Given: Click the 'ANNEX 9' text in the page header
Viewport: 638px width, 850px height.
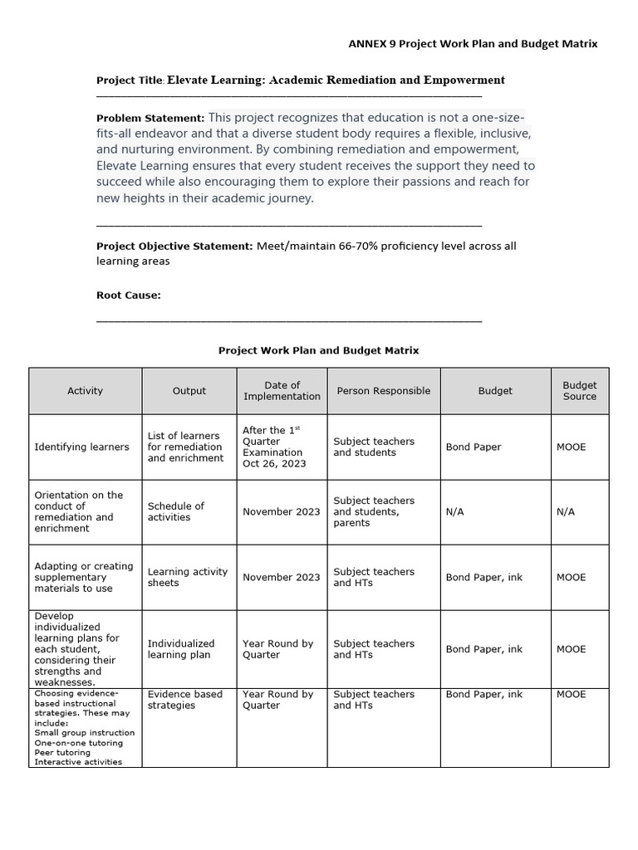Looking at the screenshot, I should (371, 43).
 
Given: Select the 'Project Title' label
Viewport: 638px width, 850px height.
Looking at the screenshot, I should (130, 81).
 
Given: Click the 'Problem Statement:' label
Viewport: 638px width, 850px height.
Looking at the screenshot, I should (150, 118).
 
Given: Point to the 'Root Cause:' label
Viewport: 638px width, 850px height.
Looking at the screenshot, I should (129, 295).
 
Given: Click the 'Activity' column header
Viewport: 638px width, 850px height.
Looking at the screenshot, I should (85, 391).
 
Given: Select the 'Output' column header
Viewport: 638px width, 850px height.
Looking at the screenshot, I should (189, 391).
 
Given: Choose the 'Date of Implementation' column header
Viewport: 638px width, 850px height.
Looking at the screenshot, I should (282, 391).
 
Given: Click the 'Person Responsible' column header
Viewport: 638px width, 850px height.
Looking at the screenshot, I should (383, 391).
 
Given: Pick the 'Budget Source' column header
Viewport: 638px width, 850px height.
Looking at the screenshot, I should (579, 391).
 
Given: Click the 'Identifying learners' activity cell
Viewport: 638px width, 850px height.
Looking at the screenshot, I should (81, 447).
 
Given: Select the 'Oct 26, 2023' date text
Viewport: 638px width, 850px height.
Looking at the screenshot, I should (274, 463).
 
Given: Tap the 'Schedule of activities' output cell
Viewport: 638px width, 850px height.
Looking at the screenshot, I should (176, 511).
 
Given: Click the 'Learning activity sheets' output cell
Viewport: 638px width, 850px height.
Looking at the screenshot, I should (187, 577).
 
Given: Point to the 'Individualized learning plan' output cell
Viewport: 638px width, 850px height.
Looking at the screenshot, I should (181, 649).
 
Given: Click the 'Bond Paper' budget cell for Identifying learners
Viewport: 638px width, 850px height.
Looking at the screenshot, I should (473, 447).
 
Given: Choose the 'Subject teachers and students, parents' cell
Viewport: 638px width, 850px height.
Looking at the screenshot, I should (374, 511).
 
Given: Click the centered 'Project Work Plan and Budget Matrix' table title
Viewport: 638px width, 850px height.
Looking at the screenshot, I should (318, 350).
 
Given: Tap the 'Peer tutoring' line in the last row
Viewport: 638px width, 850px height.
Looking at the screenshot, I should (62, 752).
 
